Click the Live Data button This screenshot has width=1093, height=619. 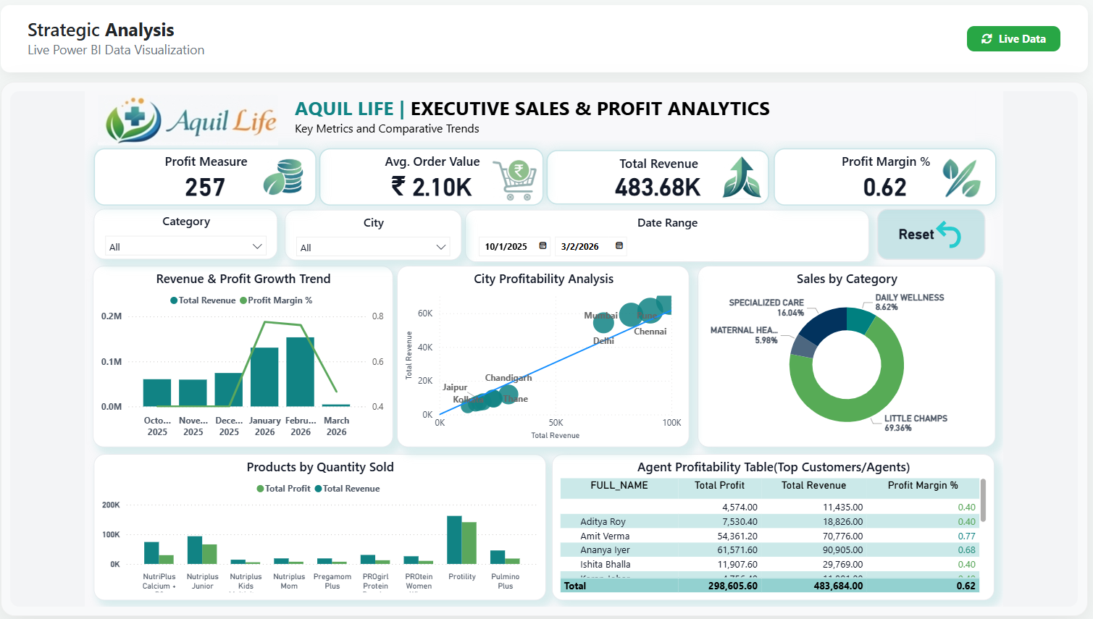[x=1013, y=39]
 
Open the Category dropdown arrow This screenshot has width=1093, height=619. [x=257, y=247]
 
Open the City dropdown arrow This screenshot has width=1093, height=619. [x=441, y=248]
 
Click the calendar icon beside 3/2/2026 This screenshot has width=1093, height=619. [x=619, y=246]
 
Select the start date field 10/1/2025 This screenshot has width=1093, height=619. [x=506, y=247]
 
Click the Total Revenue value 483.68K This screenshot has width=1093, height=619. [x=657, y=188]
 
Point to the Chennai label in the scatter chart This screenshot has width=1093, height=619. [x=650, y=332]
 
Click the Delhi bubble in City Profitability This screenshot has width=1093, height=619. [x=603, y=324]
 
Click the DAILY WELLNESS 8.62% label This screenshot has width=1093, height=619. [x=909, y=302]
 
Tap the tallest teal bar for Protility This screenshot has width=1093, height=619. [x=454, y=539]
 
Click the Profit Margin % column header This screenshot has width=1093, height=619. [x=922, y=486]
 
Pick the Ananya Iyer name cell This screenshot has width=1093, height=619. [x=605, y=550]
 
